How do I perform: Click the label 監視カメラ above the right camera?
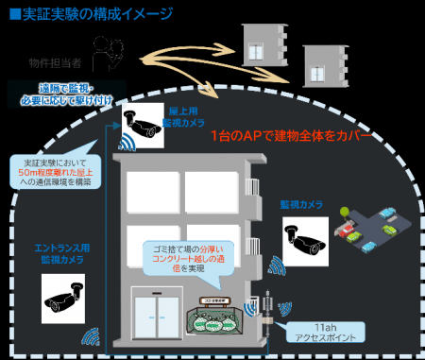[301, 204]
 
